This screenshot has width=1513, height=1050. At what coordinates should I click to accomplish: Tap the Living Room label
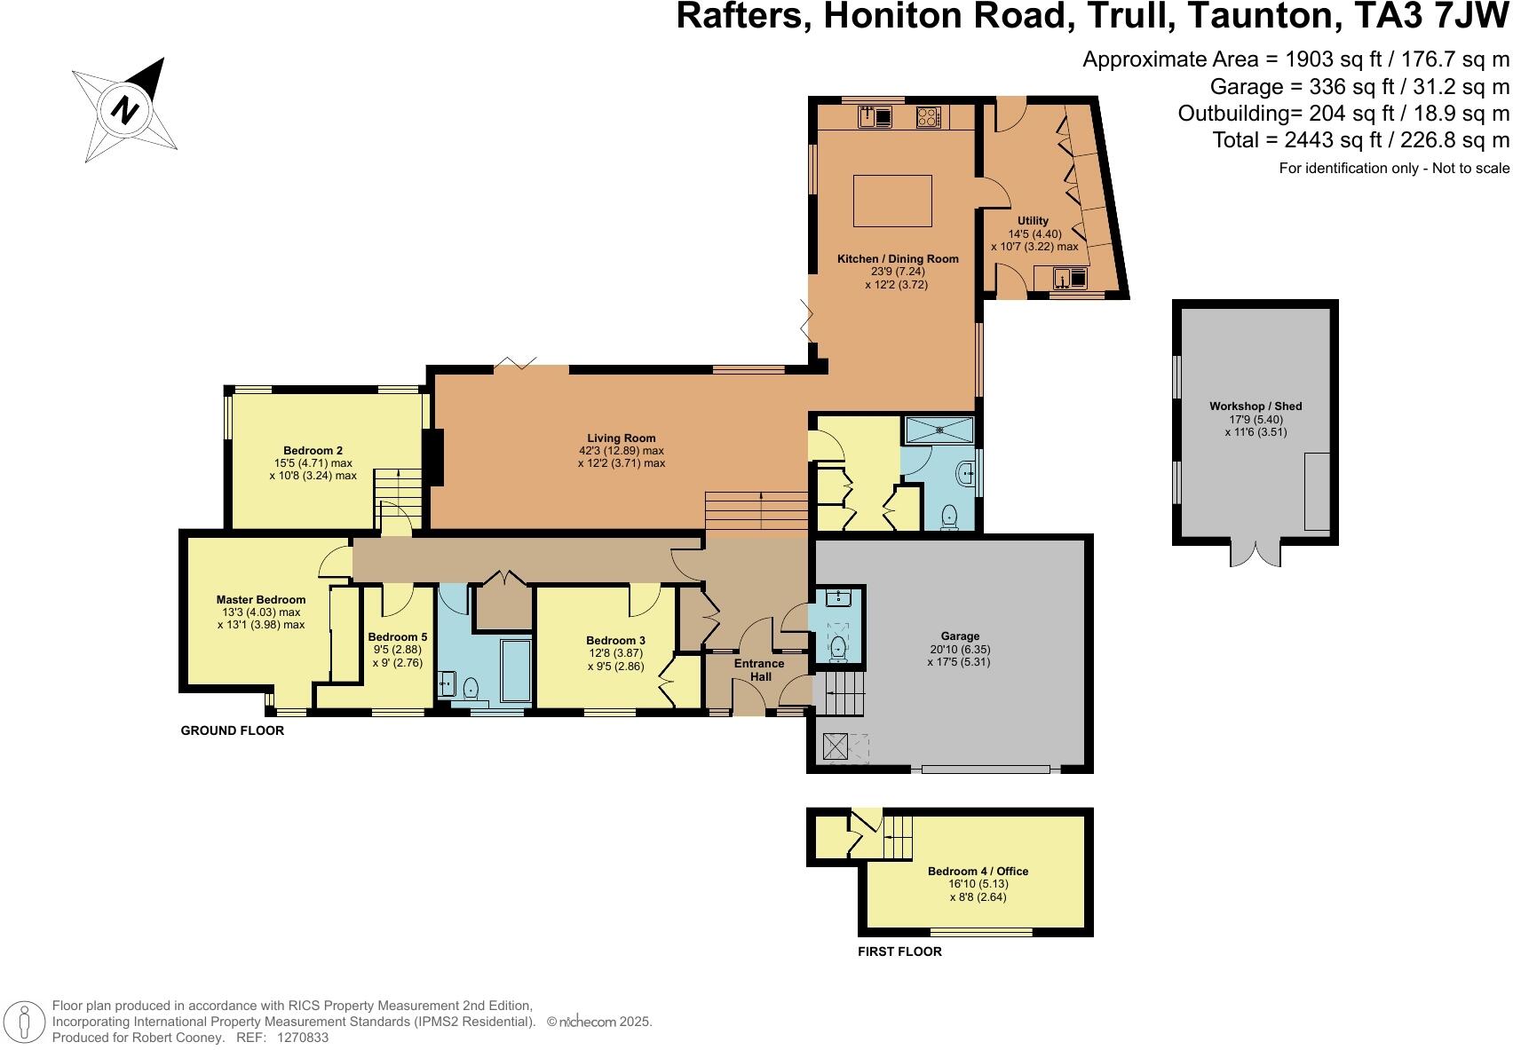(x=621, y=438)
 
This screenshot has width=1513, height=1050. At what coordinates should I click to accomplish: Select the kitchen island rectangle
(x=892, y=201)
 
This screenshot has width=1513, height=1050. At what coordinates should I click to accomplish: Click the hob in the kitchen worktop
(x=929, y=116)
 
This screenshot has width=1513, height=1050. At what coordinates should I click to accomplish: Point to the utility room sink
(x=1070, y=278)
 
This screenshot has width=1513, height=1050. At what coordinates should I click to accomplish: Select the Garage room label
(x=960, y=636)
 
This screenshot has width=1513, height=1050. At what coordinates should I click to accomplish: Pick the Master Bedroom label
(x=260, y=599)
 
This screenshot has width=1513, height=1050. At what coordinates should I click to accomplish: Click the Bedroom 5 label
(x=397, y=636)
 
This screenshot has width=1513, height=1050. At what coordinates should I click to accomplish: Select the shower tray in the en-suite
(x=939, y=430)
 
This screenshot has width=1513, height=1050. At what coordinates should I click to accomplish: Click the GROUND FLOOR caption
(x=232, y=730)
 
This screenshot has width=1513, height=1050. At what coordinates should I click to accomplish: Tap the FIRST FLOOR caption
(x=899, y=951)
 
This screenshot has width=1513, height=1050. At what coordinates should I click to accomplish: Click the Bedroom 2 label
(x=313, y=450)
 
